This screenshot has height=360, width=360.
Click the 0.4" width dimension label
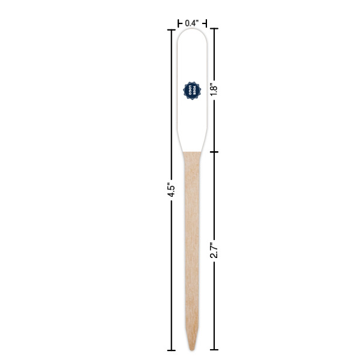(191, 23)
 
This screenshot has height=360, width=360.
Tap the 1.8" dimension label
(212, 89)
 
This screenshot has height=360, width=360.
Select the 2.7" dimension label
(212, 250)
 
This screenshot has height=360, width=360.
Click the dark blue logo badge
(191, 91)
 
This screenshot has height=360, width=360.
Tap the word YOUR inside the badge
(194, 91)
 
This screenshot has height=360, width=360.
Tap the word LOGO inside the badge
(189, 91)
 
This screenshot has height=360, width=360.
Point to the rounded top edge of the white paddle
(191, 29)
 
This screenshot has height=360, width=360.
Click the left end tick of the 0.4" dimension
(178, 23)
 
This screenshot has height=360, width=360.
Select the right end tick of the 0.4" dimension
(206, 23)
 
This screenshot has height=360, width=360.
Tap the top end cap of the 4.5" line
(171, 28)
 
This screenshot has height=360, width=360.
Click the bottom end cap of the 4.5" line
(171, 350)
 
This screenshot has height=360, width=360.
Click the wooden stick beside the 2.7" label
(191, 250)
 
